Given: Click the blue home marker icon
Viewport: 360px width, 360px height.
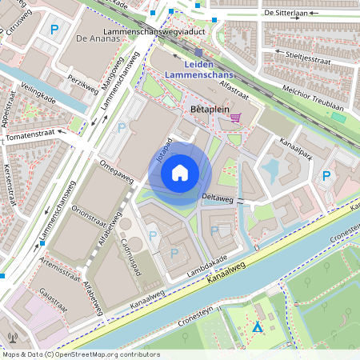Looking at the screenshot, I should [180, 173].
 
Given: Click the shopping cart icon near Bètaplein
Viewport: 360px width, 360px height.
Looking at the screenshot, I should [235, 118].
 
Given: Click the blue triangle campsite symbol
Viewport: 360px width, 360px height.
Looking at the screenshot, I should [257, 328].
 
